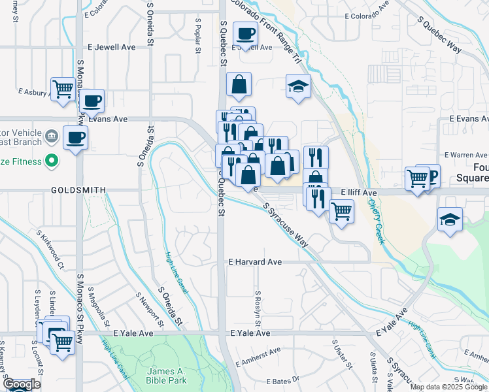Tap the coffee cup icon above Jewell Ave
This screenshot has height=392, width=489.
(x=245, y=34)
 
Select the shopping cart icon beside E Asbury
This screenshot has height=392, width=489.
(x=63, y=89)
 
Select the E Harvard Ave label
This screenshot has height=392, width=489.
(x=254, y=262)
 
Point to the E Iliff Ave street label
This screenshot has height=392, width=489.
(x=359, y=193)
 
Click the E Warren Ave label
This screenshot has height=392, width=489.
(x=466, y=155)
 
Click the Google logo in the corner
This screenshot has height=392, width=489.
(x=21, y=385)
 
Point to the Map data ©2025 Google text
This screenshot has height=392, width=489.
(x=448, y=387)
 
